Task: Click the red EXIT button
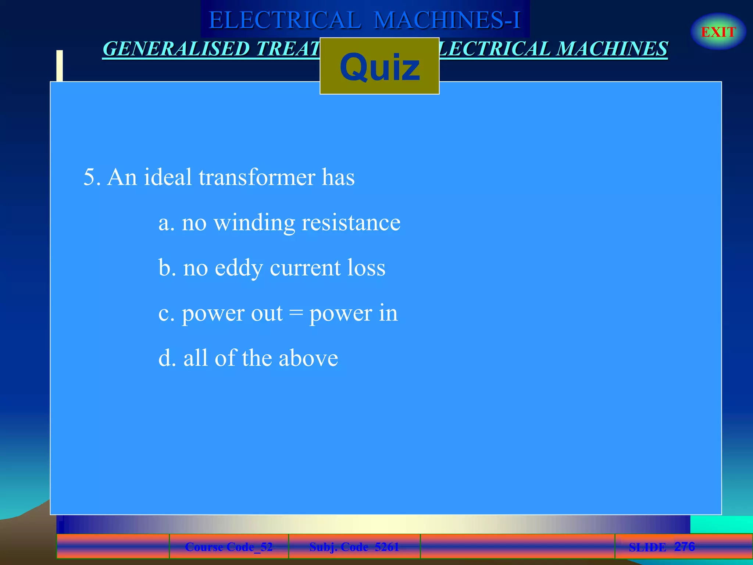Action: [x=718, y=32]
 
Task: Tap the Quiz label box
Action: [x=379, y=66]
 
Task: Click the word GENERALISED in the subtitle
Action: [x=176, y=49]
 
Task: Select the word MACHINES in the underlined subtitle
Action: [x=612, y=49]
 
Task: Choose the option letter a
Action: [x=165, y=223]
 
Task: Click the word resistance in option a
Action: [x=351, y=223]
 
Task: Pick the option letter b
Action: [x=165, y=267]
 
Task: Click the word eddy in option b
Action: [x=239, y=268]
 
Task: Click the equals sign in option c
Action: [x=296, y=313]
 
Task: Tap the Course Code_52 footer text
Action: [x=229, y=547]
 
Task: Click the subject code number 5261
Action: [x=386, y=547]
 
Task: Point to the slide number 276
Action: [x=684, y=546]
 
